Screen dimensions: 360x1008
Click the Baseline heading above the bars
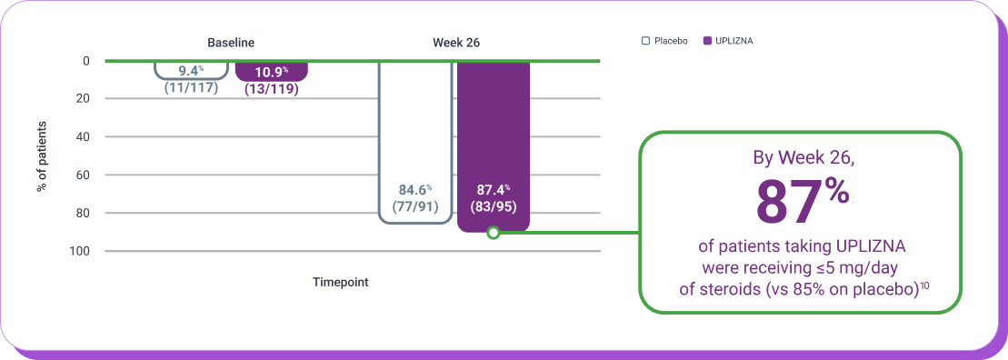[231, 42]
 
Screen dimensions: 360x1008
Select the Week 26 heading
[455, 42]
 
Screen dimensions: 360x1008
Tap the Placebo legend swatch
[645, 41]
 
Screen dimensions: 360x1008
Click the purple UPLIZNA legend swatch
[708, 41]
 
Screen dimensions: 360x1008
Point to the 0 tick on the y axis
[86, 61]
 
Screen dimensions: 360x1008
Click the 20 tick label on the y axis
[84, 98]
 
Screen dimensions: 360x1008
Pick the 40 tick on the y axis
[84, 136]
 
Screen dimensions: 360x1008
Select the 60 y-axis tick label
[84, 175]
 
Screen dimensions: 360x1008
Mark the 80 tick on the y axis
[84, 213]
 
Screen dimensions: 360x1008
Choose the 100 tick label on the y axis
[81, 251]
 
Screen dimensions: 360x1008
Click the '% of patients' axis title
[42, 155]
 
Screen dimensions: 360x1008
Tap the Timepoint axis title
[341, 283]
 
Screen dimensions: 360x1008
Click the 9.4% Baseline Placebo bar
[191, 69]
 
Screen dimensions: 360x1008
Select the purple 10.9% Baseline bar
[272, 71]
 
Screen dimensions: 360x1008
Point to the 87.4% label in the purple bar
[494, 190]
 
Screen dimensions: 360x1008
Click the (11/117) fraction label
[191, 88]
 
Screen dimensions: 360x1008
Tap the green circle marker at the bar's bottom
[494, 233]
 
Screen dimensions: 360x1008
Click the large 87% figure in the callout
[801, 203]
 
